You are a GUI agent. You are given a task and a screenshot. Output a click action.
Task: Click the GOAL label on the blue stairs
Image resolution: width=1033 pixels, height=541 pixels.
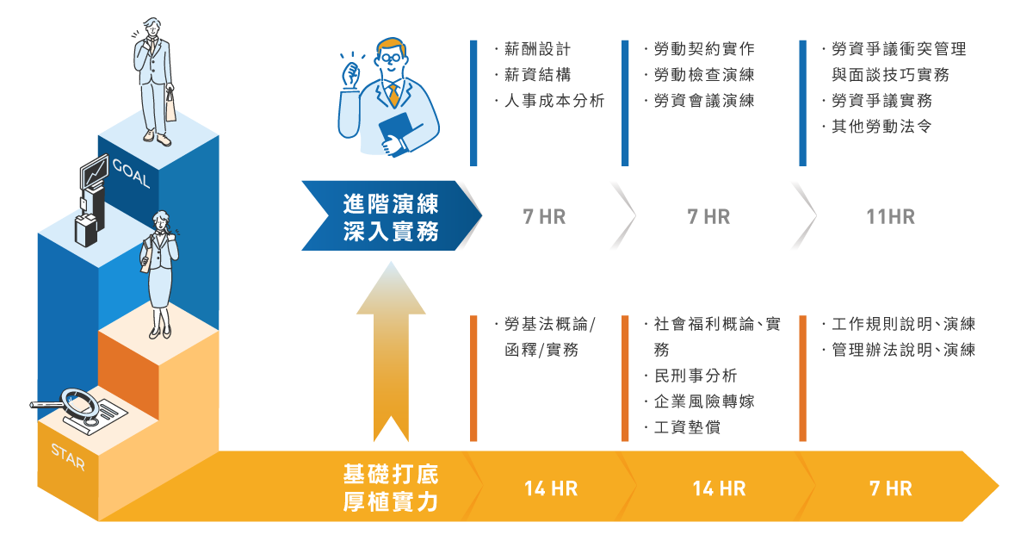click(x=131, y=173)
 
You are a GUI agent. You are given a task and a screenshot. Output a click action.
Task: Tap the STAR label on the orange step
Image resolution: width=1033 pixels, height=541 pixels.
click(x=68, y=457)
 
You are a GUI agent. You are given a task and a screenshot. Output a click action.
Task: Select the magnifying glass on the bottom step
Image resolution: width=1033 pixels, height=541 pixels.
click(x=69, y=403)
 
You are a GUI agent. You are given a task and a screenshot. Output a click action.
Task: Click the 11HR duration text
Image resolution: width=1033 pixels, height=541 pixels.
click(x=890, y=216)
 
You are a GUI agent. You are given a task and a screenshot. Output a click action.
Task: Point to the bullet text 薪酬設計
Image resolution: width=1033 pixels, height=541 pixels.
click(x=538, y=49)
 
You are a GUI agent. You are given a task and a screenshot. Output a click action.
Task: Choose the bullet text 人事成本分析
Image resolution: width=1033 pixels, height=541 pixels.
click(x=554, y=101)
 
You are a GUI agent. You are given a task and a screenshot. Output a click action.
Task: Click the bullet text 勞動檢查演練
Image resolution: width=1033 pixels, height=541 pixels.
click(x=704, y=75)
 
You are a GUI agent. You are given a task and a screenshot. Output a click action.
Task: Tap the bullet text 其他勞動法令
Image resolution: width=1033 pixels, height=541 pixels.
click(x=881, y=127)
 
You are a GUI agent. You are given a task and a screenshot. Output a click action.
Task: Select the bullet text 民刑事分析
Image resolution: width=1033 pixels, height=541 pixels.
click(x=696, y=376)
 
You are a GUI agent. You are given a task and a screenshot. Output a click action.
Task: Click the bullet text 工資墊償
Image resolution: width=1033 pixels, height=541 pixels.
click(x=687, y=427)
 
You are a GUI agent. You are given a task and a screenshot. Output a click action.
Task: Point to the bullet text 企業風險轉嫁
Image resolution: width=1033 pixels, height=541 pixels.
click(x=704, y=401)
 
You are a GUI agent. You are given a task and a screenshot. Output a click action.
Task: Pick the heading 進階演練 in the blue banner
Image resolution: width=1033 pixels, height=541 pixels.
click(x=391, y=203)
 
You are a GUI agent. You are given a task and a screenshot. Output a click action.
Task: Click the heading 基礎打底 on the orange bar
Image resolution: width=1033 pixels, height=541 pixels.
click(x=391, y=474)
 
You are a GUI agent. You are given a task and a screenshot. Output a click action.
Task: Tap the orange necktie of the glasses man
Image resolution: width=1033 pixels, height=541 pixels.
click(x=393, y=95)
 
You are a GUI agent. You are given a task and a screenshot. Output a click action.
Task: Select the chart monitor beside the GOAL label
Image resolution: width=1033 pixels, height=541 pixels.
click(x=94, y=172)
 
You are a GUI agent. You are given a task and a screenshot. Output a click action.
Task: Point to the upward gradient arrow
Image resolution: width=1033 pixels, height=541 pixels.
click(x=391, y=351)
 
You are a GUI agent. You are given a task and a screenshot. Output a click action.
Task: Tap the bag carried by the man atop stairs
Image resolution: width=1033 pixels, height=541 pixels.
click(x=170, y=105)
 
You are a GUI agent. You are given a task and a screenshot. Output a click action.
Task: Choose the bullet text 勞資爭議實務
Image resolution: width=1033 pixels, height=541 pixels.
click(x=881, y=101)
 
